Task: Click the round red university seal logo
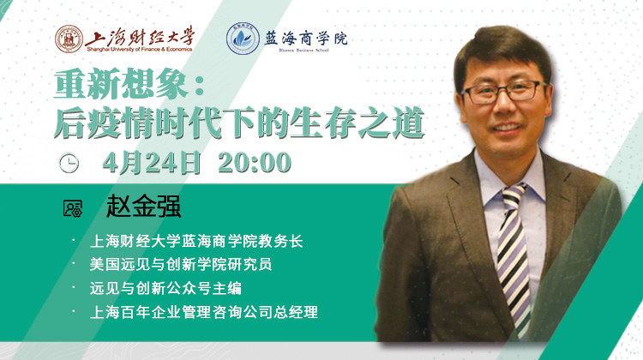coord(69,39)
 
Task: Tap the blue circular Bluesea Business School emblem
coord(243,39)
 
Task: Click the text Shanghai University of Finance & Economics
coord(139,50)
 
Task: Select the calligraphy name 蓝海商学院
coord(305,38)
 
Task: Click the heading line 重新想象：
coord(129,84)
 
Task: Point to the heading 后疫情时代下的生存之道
coord(238,123)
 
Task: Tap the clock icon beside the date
coord(69,163)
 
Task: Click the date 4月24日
coord(151,162)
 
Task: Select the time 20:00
coord(255,162)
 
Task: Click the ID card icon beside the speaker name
coord(73,208)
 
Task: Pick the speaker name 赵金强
coord(143,206)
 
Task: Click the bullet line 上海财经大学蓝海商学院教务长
coord(196,241)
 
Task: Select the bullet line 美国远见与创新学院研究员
coord(181,265)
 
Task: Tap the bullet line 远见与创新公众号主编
coord(165,288)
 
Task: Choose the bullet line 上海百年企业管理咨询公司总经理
coord(204,312)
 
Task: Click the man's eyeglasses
coord(504,92)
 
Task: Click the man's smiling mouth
coord(507,128)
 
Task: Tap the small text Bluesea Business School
coord(303,51)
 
